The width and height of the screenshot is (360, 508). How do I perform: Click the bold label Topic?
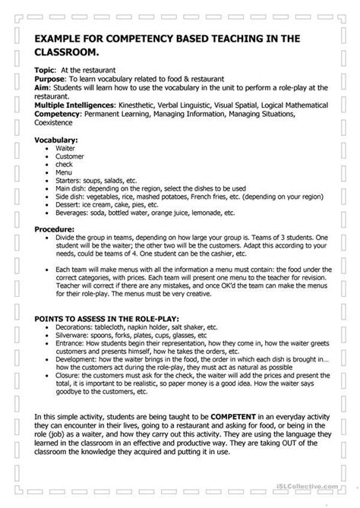coord(45,69)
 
